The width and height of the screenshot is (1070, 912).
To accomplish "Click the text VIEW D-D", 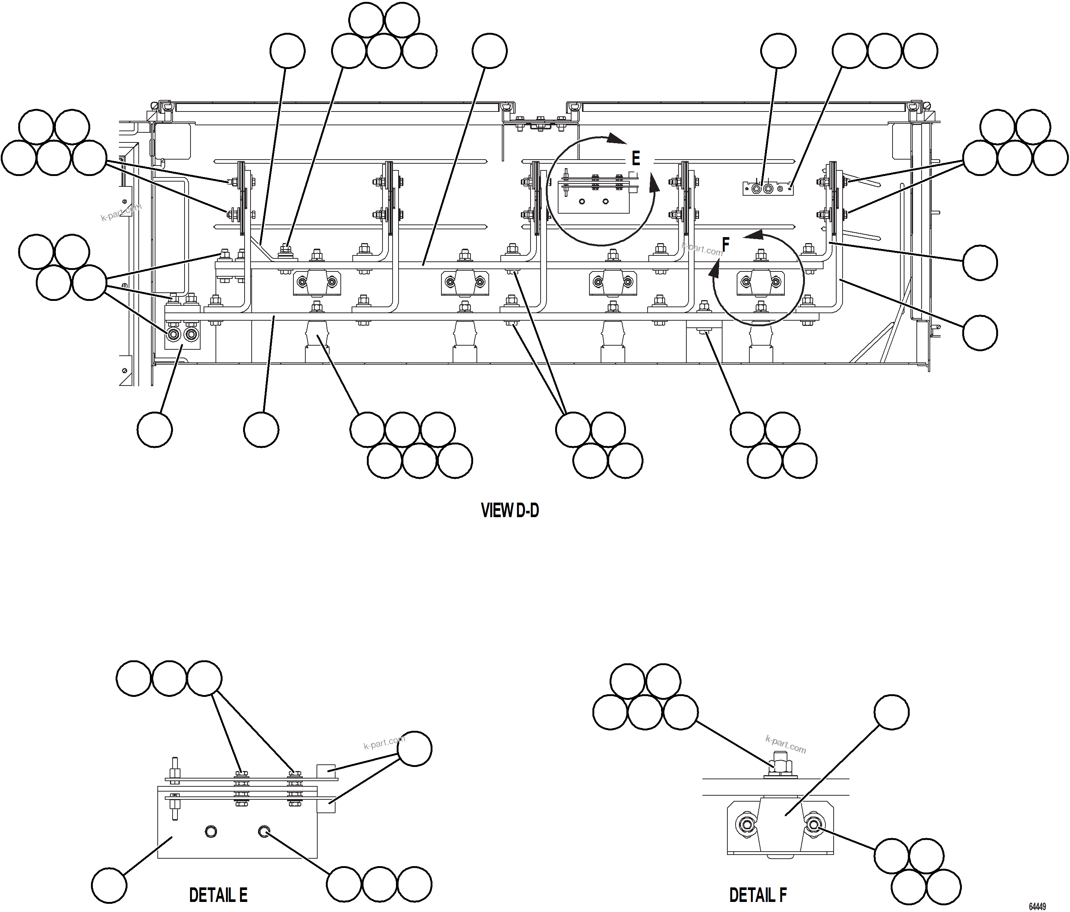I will (x=510, y=511).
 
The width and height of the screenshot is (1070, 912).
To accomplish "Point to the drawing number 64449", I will (x=1037, y=907).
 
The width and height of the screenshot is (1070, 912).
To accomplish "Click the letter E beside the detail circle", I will (x=636, y=158).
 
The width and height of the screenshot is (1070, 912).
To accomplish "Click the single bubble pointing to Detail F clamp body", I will (x=891, y=712).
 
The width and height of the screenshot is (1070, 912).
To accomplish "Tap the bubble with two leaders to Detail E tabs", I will (x=415, y=749).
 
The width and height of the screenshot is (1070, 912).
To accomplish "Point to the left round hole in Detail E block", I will (x=211, y=831).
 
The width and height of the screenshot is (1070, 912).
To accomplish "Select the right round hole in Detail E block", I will (x=264, y=831).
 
